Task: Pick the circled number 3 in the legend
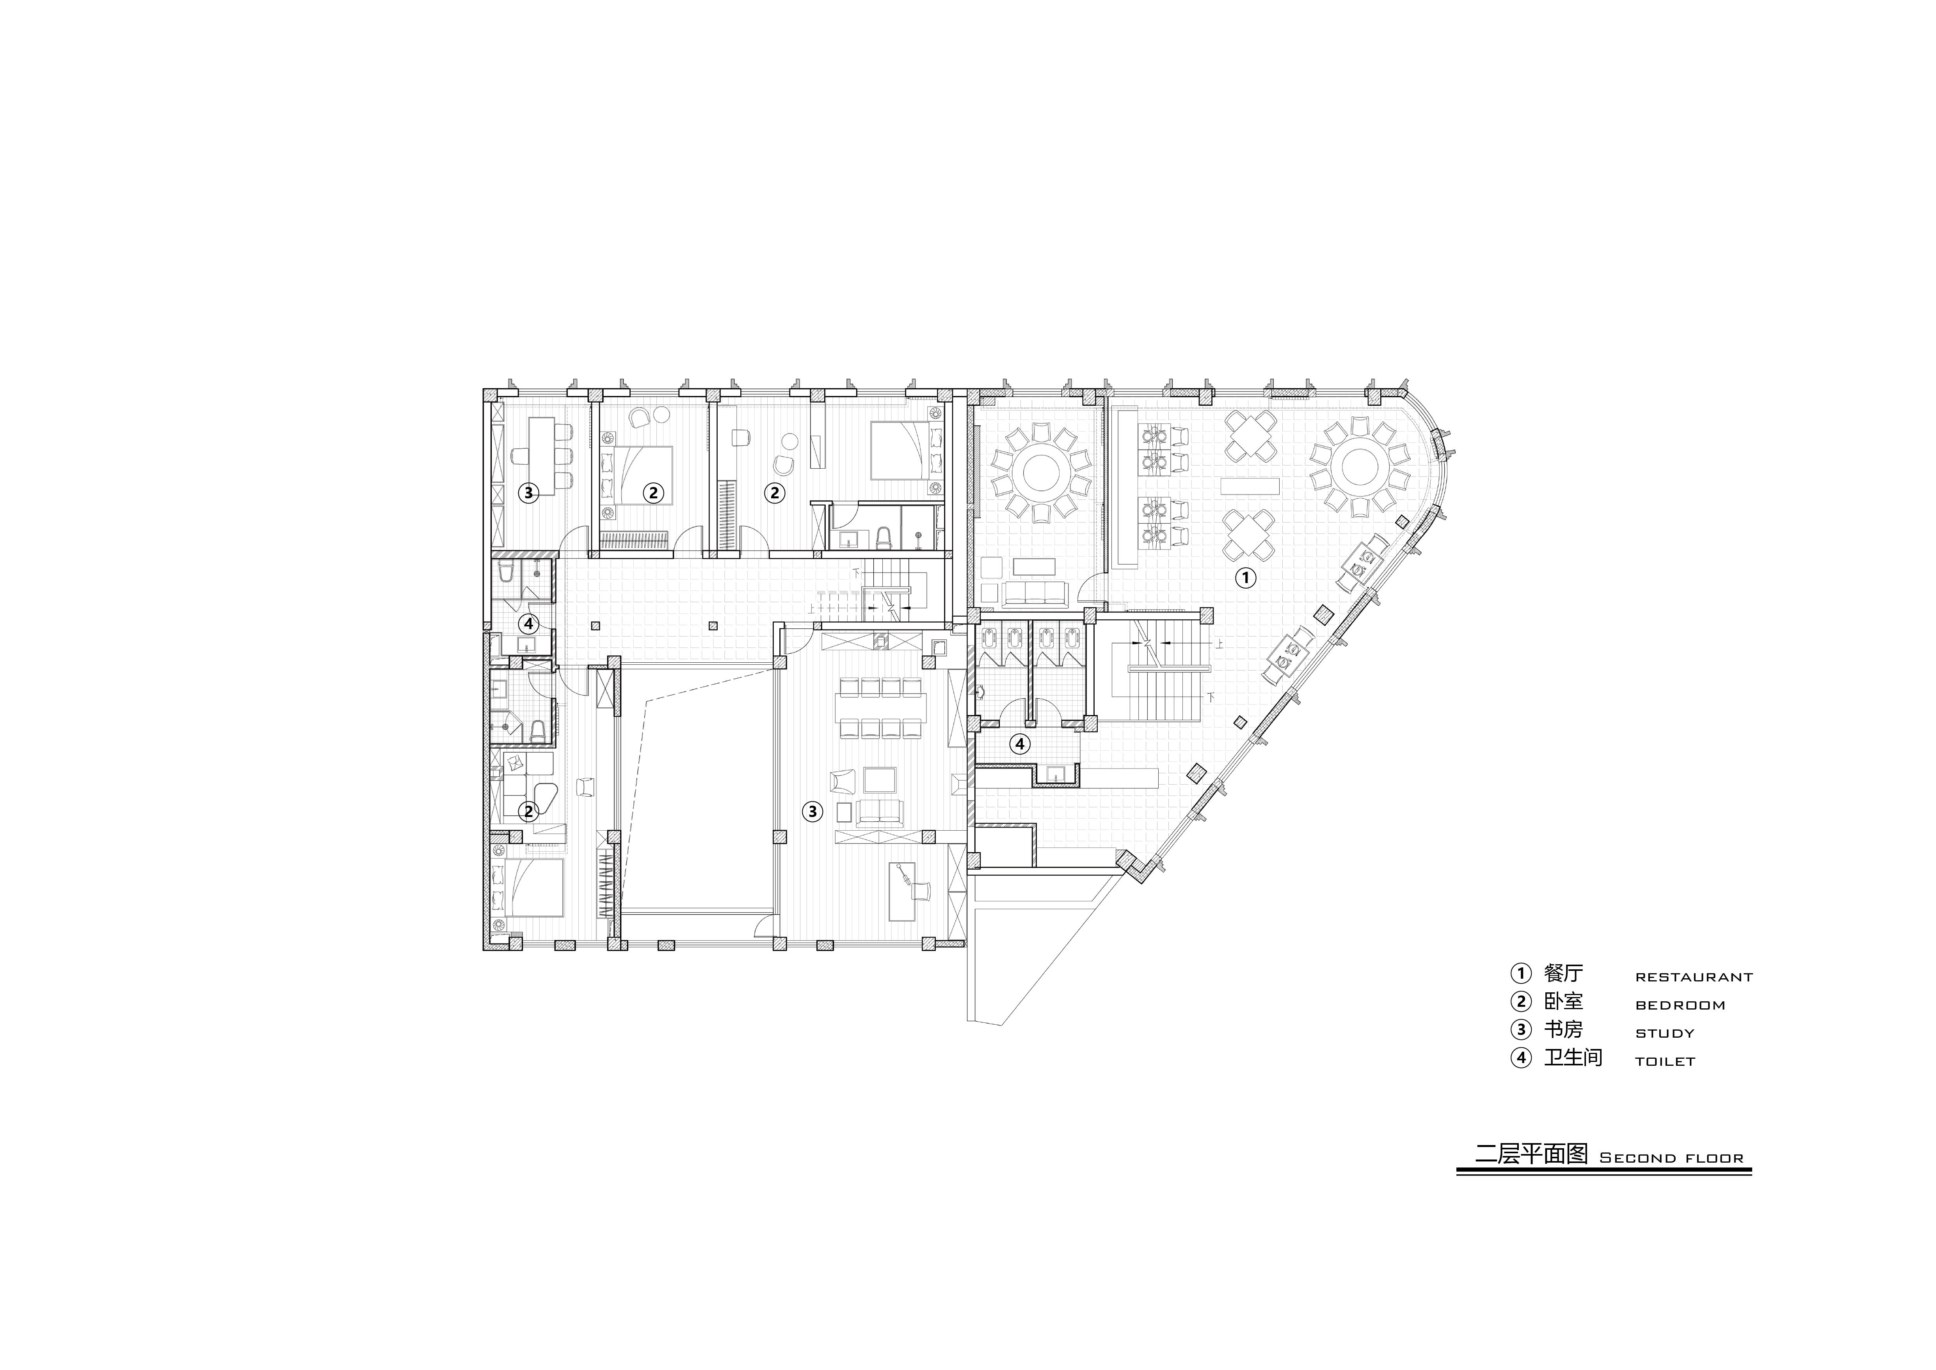click(1520, 1030)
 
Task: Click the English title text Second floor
click(1671, 1158)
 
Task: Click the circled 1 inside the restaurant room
click(1244, 578)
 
